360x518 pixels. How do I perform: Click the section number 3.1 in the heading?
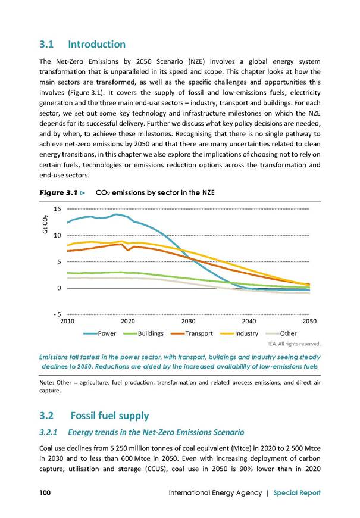click(x=46, y=44)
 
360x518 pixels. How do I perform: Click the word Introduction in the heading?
click(x=97, y=44)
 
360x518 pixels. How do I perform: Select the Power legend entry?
click(x=100, y=333)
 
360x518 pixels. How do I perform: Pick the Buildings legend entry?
click(x=143, y=333)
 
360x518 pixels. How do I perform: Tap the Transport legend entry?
click(x=192, y=333)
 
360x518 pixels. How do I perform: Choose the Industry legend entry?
click(x=239, y=333)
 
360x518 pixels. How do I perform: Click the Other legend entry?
click(x=281, y=333)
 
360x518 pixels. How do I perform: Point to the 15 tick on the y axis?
click(x=57, y=209)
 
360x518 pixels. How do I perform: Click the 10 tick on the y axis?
click(x=57, y=235)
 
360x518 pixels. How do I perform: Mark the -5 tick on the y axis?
click(x=57, y=314)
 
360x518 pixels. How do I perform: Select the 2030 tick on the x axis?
click(x=188, y=321)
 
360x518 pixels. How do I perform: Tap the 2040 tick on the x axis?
click(x=249, y=321)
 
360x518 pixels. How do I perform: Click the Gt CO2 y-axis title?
click(x=45, y=224)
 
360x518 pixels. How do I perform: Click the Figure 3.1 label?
click(x=58, y=192)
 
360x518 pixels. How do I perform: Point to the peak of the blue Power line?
click(x=116, y=214)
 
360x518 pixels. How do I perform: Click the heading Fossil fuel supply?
click(x=109, y=416)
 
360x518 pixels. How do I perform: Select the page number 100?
click(x=45, y=492)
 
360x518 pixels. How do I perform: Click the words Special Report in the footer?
click(x=297, y=493)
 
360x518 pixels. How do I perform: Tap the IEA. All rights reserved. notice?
click(x=295, y=344)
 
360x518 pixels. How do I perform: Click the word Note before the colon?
click(x=46, y=383)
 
